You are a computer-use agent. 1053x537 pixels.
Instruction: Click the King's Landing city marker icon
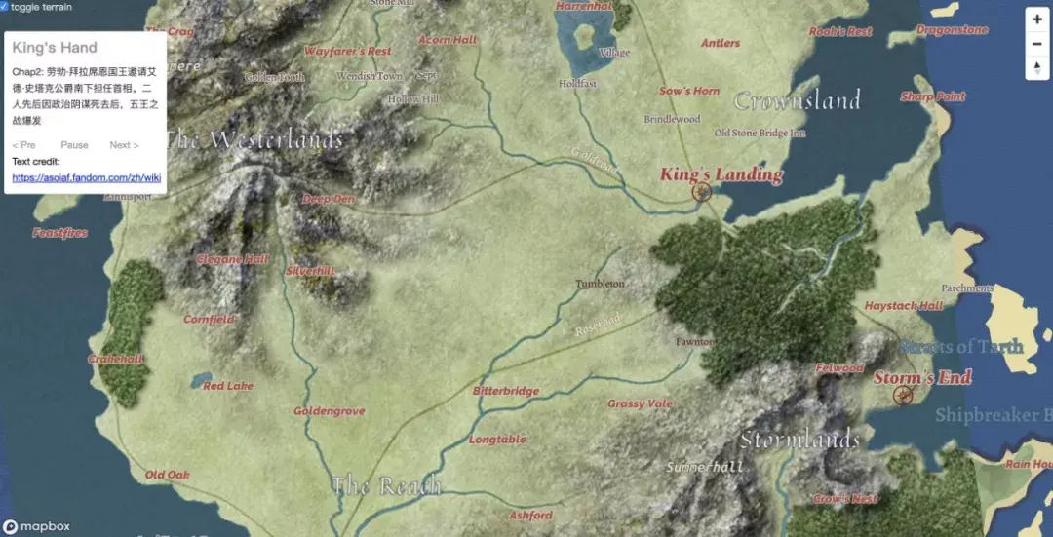click(701, 192)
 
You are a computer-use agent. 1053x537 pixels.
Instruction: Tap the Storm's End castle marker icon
click(903, 395)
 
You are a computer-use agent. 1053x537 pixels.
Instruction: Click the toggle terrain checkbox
click(5, 6)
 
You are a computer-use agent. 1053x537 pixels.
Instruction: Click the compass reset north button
click(1037, 68)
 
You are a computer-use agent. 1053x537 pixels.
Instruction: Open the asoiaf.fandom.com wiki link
click(86, 178)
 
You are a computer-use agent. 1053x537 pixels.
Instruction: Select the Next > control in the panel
click(124, 145)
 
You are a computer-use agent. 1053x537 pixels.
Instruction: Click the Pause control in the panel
click(74, 145)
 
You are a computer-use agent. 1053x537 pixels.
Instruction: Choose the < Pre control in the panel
click(23, 145)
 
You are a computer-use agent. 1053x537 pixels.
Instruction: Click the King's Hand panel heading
click(55, 48)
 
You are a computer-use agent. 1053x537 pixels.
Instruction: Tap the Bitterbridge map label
click(506, 391)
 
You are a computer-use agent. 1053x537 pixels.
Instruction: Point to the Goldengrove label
click(330, 411)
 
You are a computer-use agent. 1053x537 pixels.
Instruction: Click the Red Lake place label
click(228, 386)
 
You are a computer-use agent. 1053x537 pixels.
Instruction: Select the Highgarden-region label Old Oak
click(168, 475)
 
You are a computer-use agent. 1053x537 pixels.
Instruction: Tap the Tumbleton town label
click(600, 284)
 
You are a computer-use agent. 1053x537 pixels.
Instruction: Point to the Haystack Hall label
click(904, 306)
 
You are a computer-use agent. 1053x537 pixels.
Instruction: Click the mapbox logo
click(36, 526)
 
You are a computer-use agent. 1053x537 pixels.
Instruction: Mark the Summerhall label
click(705, 467)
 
